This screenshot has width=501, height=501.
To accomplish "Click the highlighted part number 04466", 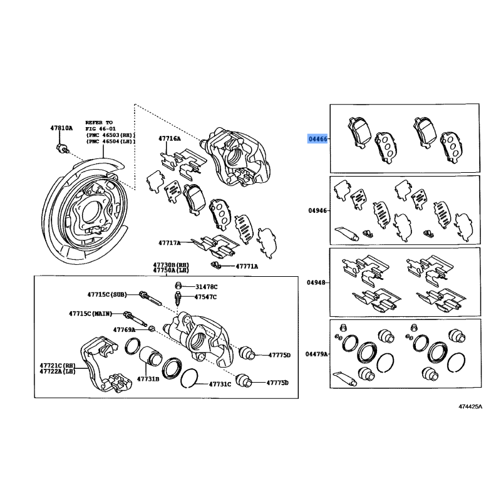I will tap(317, 138).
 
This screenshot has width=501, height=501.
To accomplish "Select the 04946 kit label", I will tap(317, 211).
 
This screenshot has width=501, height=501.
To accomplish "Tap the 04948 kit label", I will tap(317, 283).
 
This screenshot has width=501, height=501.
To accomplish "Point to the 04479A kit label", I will tap(317, 354).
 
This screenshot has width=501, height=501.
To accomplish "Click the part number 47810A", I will tap(61, 128).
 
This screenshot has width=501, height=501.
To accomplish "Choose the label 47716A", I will tap(169, 138).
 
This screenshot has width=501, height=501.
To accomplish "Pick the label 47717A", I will tap(169, 242).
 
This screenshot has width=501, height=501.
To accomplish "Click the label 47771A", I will tap(247, 266).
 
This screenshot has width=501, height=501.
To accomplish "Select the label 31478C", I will tap(206, 286).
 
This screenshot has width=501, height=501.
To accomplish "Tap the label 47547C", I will tap(206, 297).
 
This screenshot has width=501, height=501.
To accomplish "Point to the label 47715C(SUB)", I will tap(108, 294).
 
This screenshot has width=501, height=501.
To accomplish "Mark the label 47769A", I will tap(124, 329).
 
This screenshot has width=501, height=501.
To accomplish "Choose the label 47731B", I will tap(148, 379).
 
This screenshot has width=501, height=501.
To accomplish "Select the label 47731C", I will tap(220, 384).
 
